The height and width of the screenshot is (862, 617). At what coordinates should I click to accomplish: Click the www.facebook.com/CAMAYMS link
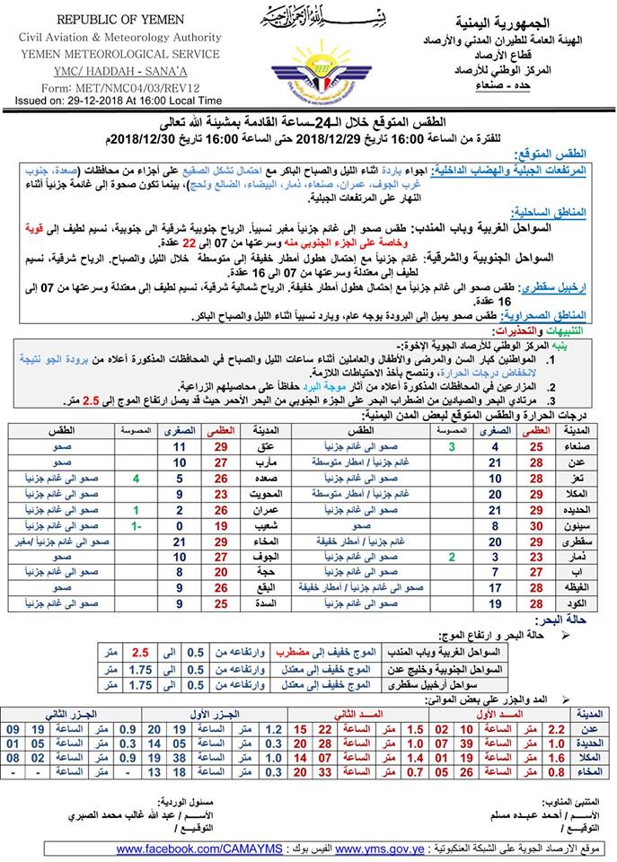coord(198,849)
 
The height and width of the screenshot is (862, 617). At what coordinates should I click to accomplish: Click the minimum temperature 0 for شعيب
coord(180,524)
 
